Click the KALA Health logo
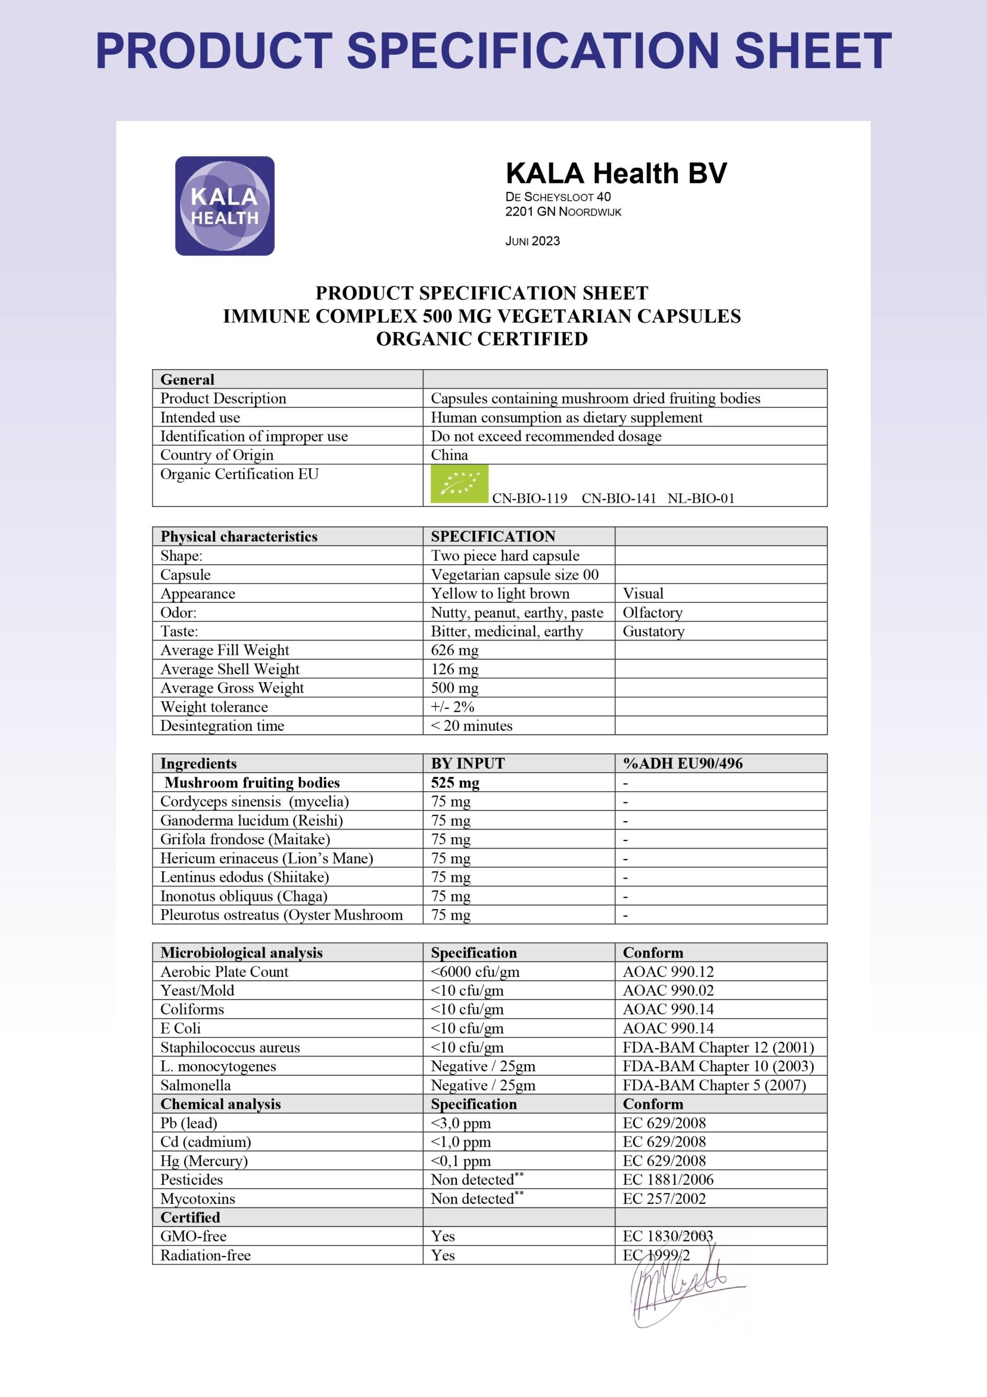pos(225,206)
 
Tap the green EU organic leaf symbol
pos(459,483)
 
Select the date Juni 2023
pos(532,241)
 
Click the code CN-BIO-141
pos(618,498)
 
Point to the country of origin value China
pos(449,455)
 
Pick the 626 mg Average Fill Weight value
pos(454,650)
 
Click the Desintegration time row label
pos(222,725)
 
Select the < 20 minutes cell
pos(471,725)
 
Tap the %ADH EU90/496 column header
pos(682,763)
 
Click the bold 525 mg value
pos(455,783)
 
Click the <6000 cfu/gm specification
pos(475,972)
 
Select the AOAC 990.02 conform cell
pos(668,990)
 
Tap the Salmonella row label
pos(195,1085)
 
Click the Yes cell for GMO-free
pos(443,1237)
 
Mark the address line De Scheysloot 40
pos(558,196)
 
